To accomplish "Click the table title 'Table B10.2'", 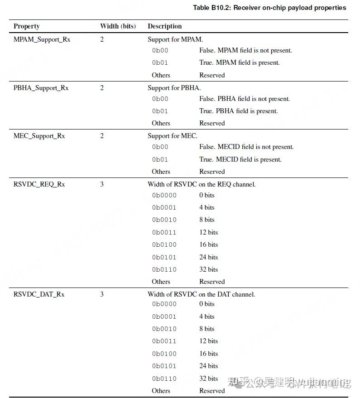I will click(269, 8).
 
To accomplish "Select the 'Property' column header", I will click(26, 26).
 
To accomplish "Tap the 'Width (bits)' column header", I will click(118, 26).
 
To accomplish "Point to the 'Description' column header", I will click(164, 26).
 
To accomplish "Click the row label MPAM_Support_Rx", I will click(42, 39).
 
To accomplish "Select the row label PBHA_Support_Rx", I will click(41, 88).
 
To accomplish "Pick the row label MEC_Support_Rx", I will click(39, 136).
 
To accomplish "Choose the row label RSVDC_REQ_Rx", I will click(39, 184).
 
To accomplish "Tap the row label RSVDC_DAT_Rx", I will click(39, 294).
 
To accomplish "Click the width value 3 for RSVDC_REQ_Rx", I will click(102, 184).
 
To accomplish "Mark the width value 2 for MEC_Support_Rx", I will click(102, 136).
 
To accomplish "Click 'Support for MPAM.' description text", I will click(175, 39).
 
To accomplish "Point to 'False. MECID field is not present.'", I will click(246, 147).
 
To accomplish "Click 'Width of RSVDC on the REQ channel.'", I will click(202, 184).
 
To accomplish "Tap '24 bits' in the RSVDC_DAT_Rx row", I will click(208, 366).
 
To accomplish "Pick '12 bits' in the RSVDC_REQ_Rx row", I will click(208, 232).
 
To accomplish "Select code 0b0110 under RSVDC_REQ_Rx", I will click(164, 269).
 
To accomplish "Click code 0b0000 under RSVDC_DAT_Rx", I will click(164, 304).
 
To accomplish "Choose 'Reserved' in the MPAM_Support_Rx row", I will click(212, 75).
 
